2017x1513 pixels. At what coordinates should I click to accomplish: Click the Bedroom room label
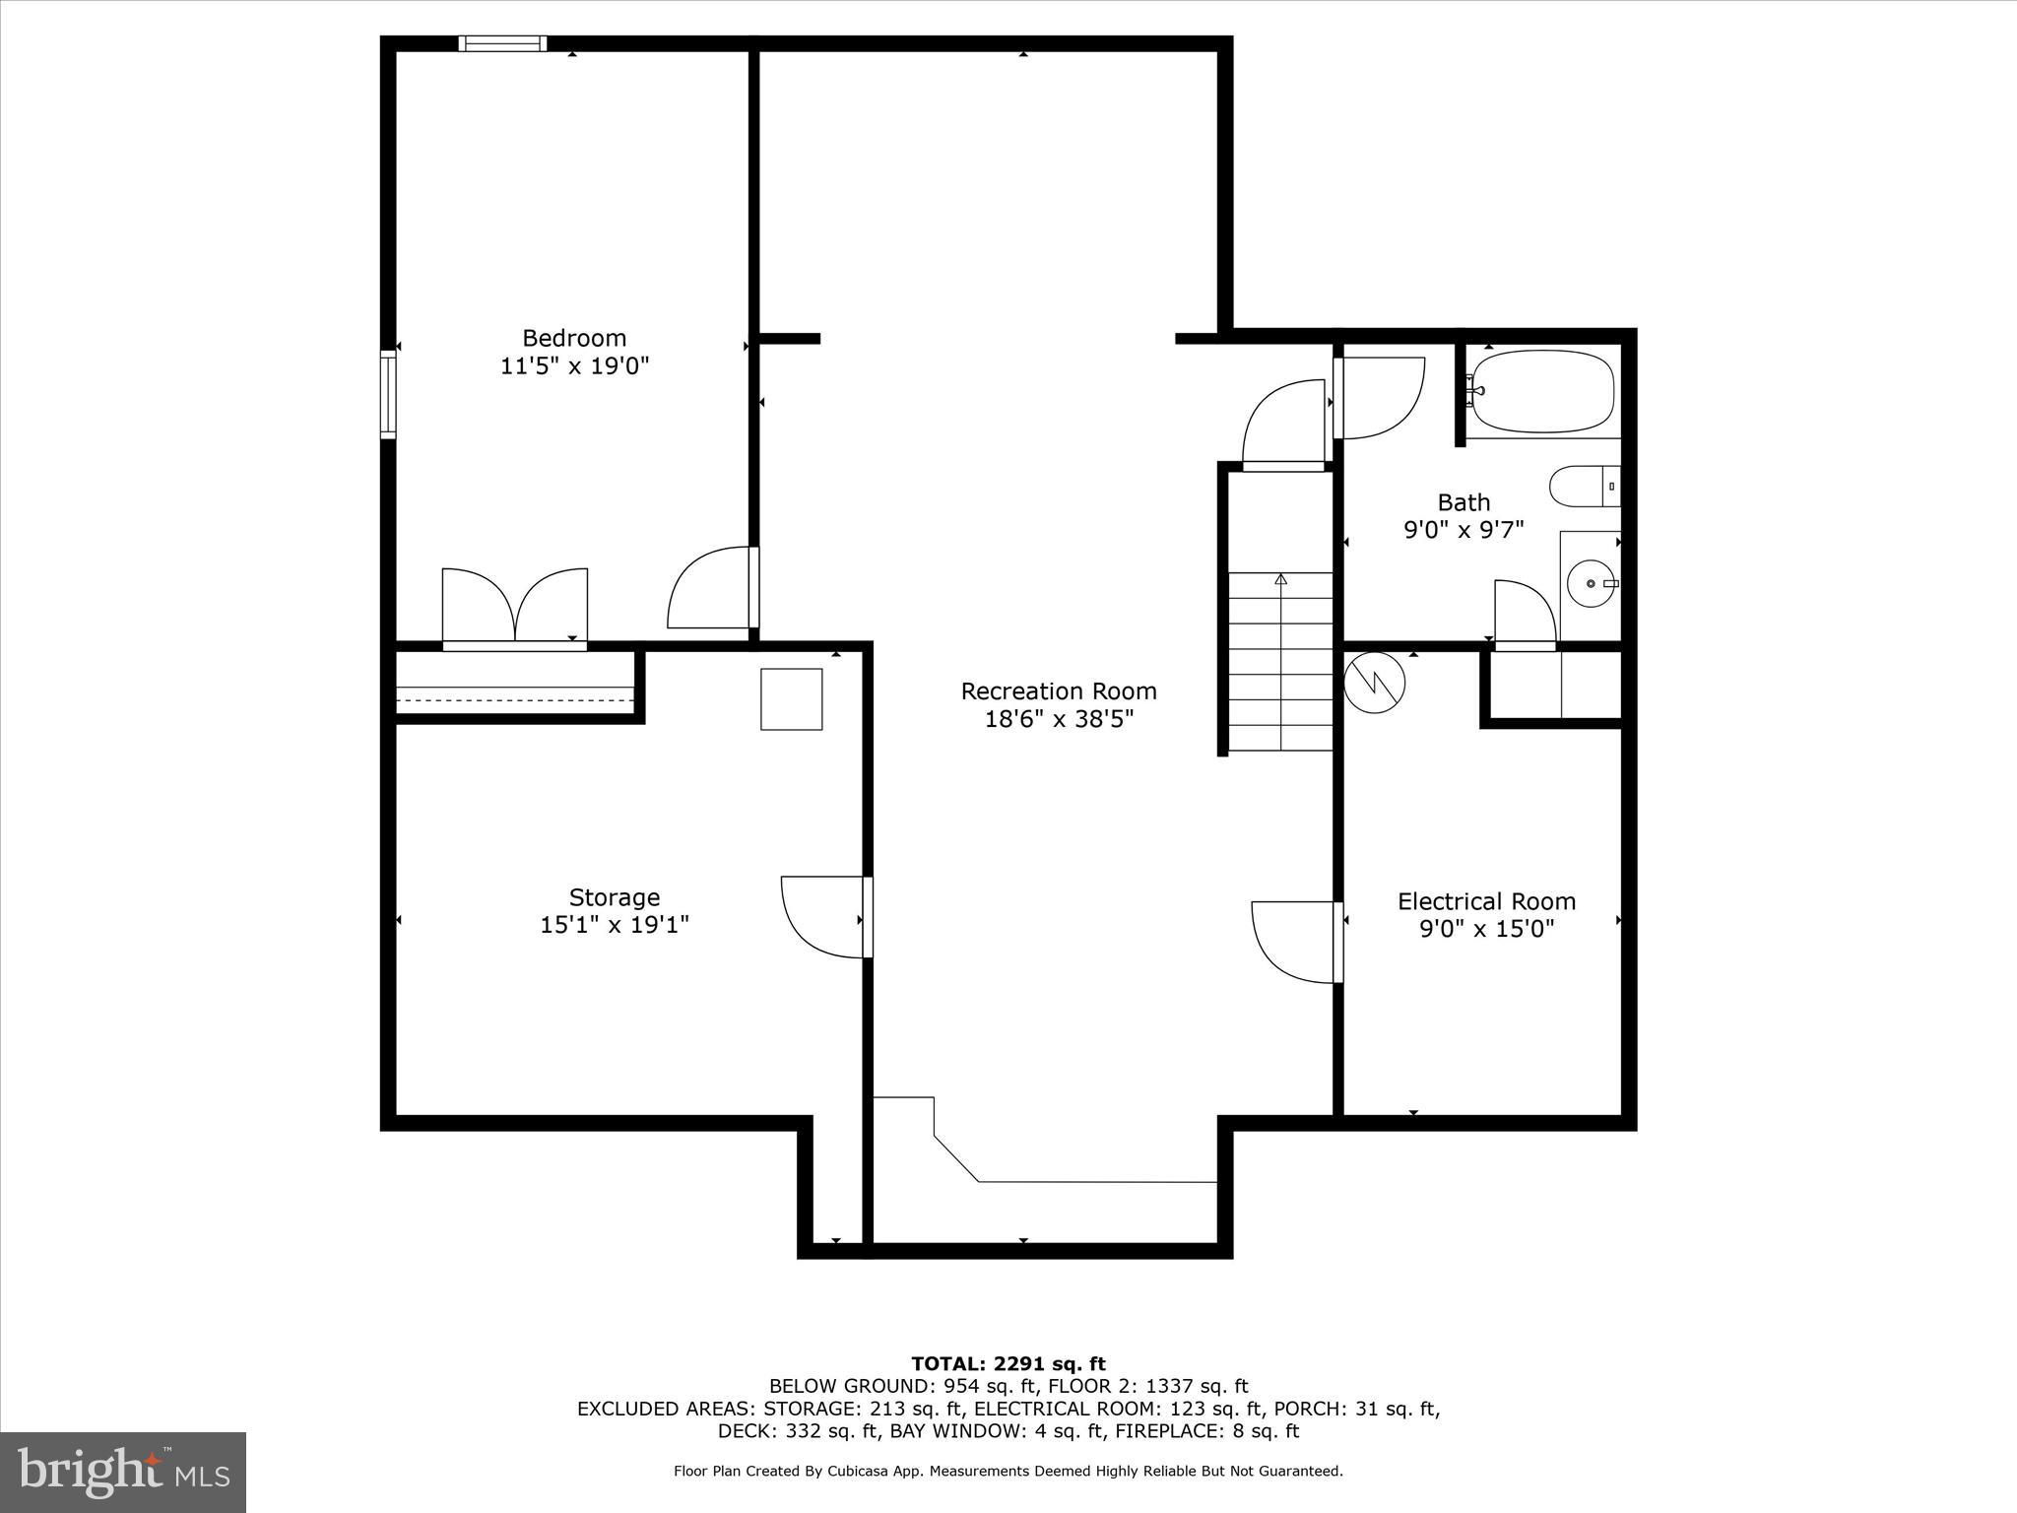(x=574, y=338)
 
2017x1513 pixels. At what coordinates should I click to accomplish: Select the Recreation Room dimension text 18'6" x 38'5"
(x=1059, y=719)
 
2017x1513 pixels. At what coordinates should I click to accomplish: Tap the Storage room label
(x=614, y=897)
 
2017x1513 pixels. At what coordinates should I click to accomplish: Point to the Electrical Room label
(x=1486, y=901)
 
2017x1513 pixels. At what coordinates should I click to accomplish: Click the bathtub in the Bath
(x=1540, y=392)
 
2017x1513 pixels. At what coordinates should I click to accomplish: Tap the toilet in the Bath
(x=1582, y=487)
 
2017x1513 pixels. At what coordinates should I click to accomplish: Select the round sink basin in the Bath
(x=1590, y=584)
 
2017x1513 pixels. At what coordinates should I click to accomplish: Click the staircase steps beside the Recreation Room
(x=1280, y=662)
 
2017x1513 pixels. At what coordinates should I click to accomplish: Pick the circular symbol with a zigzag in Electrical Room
(x=1374, y=682)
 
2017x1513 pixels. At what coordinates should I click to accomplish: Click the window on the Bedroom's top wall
(x=502, y=43)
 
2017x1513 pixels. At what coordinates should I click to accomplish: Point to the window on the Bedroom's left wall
(x=388, y=393)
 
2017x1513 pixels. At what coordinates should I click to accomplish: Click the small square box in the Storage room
(x=791, y=699)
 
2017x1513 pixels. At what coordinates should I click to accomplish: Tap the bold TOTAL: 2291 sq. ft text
(x=1008, y=1364)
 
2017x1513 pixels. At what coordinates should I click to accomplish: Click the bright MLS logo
(x=123, y=1472)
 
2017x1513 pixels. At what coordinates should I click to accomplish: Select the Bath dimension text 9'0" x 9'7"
(x=1463, y=530)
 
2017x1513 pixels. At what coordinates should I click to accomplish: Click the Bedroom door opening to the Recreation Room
(x=711, y=589)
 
